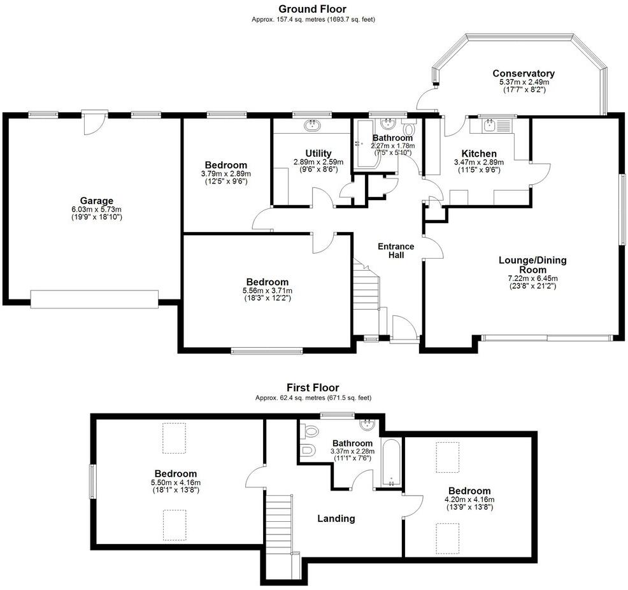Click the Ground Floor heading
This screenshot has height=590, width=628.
[x=313, y=9]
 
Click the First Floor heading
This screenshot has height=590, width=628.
[x=313, y=387]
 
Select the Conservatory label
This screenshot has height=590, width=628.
[x=523, y=73]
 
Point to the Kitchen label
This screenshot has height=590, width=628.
[x=479, y=154]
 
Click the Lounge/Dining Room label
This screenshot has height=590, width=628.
[x=532, y=264]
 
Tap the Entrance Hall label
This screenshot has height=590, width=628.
[x=396, y=250]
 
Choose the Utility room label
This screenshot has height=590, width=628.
[x=318, y=153]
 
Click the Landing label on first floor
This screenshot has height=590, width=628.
[x=336, y=518]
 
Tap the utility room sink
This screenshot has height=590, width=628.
[x=313, y=126]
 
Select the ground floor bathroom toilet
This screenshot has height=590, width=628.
[x=408, y=129]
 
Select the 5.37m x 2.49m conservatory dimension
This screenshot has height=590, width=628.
[x=523, y=82]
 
